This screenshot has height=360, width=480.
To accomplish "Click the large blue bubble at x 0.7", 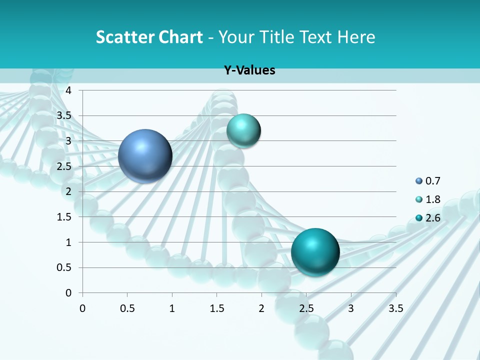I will (x=145, y=155).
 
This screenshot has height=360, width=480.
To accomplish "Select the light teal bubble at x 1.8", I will (x=243, y=130).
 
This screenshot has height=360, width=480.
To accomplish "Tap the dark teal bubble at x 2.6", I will (x=315, y=252).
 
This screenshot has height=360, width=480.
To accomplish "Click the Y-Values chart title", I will (x=249, y=70).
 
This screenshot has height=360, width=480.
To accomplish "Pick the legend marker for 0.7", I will (x=418, y=181).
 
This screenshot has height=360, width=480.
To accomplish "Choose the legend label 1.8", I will (x=433, y=199).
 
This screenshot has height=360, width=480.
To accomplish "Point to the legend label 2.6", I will (x=433, y=217).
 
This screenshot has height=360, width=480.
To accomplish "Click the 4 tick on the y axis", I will (x=69, y=90).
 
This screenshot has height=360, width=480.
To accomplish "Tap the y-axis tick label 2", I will (x=69, y=191).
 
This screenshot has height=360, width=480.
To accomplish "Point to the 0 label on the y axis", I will (x=69, y=293).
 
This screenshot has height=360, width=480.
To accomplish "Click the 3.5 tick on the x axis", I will (x=395, y=308).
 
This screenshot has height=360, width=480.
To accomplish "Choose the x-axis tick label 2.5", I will (x=306, y=308).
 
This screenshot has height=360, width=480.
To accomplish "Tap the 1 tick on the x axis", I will (x=172, y=308).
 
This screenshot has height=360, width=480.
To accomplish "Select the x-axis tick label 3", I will (x=351, y=308).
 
